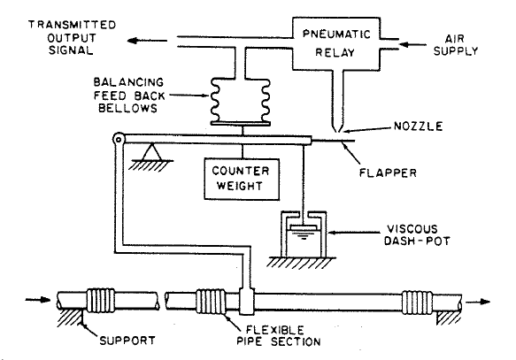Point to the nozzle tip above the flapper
click(x=337, y=132)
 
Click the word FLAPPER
click(x=388, y=172)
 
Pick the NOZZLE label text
click(x=419, y=126)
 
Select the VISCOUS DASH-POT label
click(x=417, y=235)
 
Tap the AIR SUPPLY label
click(x=456, y=45)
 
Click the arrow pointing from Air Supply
click(x=412, y=44)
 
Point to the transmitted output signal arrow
click(x=147, y=41)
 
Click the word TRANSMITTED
click(x=72, y=25)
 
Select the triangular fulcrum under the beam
click(x=151, y=152)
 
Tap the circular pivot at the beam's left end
click(x=118, y=139)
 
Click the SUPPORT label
click(x=127, y=341)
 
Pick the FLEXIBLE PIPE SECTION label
click(x=279, y=335)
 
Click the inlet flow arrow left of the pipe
click(x=38, y=300)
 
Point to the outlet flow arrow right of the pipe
click(x=478, y=302)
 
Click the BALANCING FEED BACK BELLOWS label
click(x=129, y=96)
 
